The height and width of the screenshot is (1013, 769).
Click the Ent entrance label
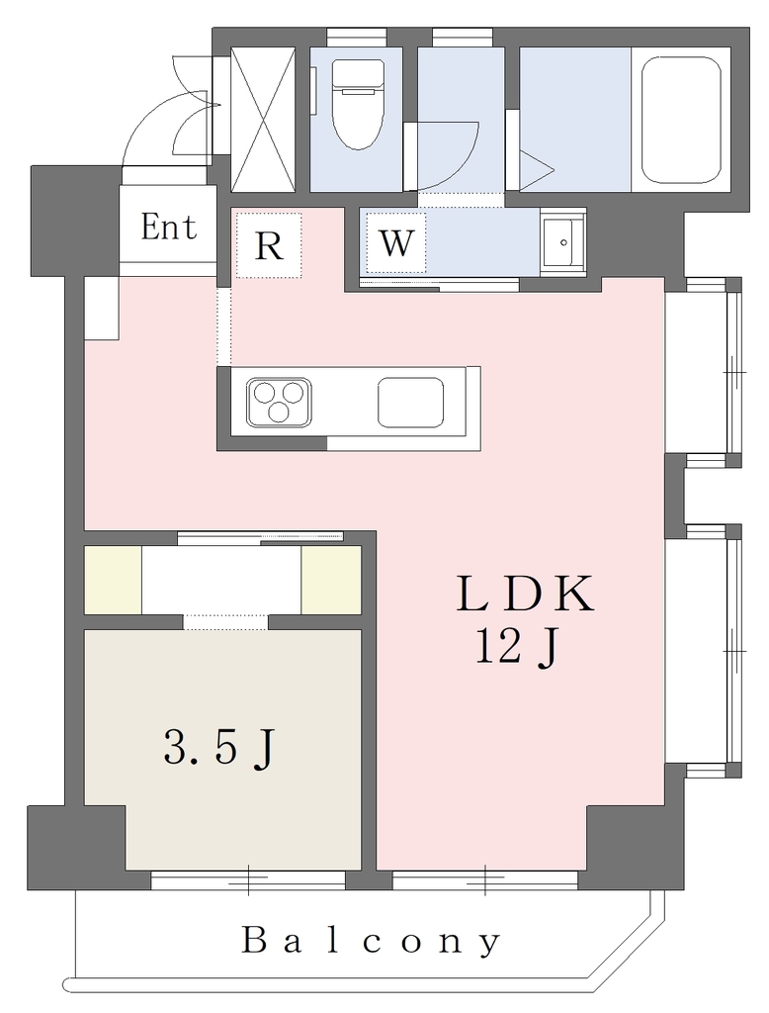click(168, 228)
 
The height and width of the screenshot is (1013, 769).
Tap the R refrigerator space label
click(269, 245)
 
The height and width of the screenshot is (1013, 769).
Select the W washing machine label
click(395, 243)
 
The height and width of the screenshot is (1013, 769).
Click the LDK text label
click(524, 594)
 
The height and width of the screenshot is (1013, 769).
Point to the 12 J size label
click(517, 648)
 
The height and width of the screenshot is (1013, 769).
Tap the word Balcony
click(372, 941)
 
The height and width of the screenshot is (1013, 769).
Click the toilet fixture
click(358, 104)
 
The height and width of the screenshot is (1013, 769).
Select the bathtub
click(681, 120)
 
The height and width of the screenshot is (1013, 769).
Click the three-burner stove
click(279, 402)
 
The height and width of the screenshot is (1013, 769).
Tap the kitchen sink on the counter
click(410, 402)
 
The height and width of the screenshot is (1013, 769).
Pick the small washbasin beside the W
click(563, 242)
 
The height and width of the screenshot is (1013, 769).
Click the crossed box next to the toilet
click(264, 120)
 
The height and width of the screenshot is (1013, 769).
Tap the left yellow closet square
click(113, 580)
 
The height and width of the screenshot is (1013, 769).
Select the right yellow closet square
click(330, 580)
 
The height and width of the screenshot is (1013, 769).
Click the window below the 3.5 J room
click(248, 879)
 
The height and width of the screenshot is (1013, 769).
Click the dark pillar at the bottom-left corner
click(76, 847)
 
